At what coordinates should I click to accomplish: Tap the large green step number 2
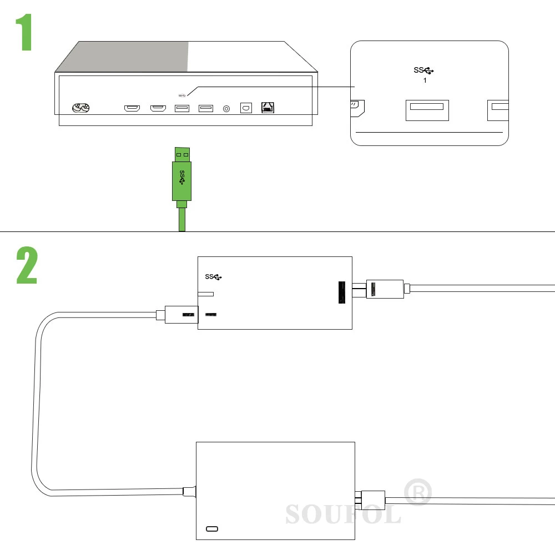click(27, 265)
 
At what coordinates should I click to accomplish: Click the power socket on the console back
click(80, 108)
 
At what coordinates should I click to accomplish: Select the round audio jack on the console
click(226, 109)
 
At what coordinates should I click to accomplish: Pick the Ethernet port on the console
click(268, 107)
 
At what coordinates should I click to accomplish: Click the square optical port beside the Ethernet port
click(246, 108)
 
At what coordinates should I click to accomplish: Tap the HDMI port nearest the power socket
click(132, 108)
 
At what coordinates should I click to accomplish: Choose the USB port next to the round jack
click(206, 108)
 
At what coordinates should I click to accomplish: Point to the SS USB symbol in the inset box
click(423, 70)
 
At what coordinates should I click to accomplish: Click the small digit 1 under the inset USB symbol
click(425, 80)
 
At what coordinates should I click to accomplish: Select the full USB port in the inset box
click(427, 110)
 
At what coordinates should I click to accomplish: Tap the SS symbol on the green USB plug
click(182, 178)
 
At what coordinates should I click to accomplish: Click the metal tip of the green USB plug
click(182, 154)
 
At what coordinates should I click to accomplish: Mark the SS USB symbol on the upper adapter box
click(214, 276)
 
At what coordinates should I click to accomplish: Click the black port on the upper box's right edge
click(342, 292)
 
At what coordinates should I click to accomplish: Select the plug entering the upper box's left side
click(178, 314)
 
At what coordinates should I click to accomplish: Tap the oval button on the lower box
click(212, 529)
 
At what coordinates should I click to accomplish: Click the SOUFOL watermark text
click(344, 514)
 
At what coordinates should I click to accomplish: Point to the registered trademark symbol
click(418, 492)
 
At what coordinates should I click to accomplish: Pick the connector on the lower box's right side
click(370, 500)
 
